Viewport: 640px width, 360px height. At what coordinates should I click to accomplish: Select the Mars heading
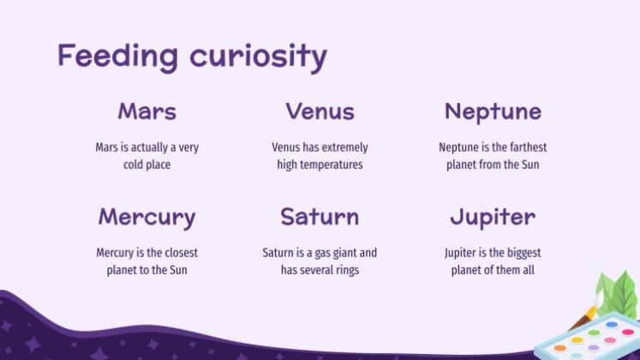coord(147,111)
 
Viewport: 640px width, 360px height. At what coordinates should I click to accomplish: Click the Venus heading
coord(320,111)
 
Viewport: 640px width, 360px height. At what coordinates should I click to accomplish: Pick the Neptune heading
coord(493,111)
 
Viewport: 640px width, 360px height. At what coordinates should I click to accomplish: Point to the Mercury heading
coord(147,218)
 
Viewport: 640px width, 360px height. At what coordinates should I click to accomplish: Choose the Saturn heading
coord(320,216)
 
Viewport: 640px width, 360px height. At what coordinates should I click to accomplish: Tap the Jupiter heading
coord(493,218)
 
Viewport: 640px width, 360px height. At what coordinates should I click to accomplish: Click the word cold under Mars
coord(133,165)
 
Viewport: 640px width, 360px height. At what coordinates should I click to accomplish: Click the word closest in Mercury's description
coord(181,253)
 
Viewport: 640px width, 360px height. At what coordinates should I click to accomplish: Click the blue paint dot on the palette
coord(612,325)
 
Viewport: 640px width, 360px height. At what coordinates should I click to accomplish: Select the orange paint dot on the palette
coord(560,348)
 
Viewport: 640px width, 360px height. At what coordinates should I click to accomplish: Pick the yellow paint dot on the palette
coord(577,340)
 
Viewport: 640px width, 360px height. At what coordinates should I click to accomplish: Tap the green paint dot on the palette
coord(594,333)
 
